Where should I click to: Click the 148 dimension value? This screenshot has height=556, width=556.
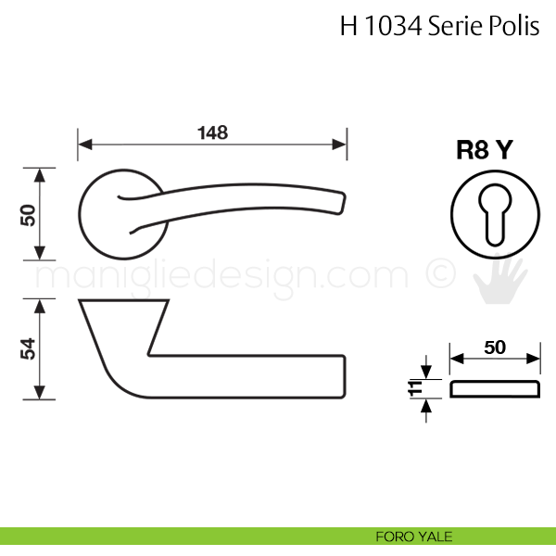pyautogui.click(x=212, y=133)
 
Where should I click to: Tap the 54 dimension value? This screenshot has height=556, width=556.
pyautogui.click(x=28, y=349)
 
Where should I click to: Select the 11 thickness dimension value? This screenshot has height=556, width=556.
pyautogui.click(x=415, y=388)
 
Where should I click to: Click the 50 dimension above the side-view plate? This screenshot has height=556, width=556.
pyautogui.click(x=495, y=347)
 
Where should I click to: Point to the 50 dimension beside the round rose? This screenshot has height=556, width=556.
pyautogui.click(x=28, y=215)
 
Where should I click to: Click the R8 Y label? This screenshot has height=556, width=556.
pyautogui.click(x=485, y=149)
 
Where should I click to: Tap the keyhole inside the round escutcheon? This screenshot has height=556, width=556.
pyautogui.click(x=495, y=215)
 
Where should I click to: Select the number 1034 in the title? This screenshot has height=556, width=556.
pyautogui.click(x=393, y=26)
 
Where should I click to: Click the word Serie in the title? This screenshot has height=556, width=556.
pyautogui.click(x=455, y=26)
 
